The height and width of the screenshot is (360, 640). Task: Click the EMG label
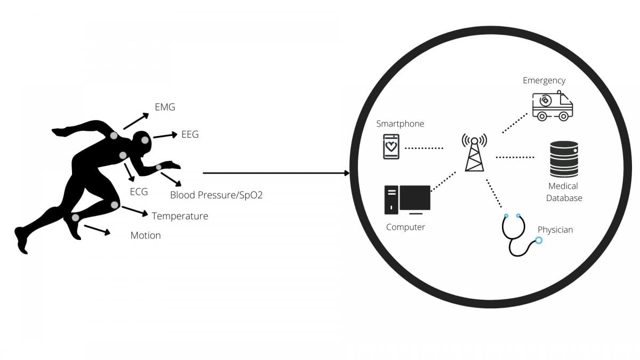click(165, 107)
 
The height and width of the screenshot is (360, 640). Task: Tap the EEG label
click(190, 134)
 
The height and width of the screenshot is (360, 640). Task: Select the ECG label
click(139, 191)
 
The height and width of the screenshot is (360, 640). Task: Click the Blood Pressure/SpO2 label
click(216, 195)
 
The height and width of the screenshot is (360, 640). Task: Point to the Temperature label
click(180, 216)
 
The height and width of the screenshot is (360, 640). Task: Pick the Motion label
click(146, 235)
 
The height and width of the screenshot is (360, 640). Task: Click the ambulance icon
click(552, 105)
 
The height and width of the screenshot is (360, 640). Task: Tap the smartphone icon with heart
click(391, 146)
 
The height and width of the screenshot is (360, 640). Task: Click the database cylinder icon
click(564, 159)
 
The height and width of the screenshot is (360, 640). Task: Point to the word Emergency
click(544, 81)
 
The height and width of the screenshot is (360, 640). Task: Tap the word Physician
click(555, 230)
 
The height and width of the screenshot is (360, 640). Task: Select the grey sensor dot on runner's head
click(145, 140)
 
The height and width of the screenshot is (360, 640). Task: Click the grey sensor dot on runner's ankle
click(75, 218)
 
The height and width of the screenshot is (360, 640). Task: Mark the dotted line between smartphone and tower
click(424, 148)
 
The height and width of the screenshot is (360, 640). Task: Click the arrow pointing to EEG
click(165, 136)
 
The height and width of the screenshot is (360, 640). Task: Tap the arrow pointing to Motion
click(98, 230)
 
